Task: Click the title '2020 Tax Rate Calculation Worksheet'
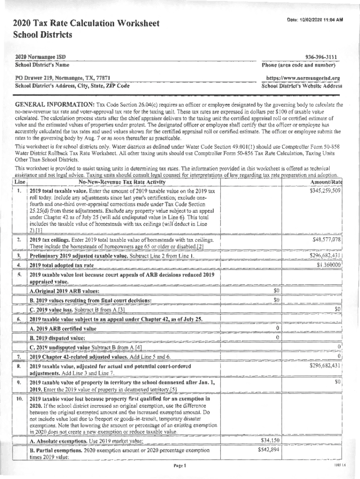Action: (86, 23)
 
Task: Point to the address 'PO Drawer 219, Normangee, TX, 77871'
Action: (63, 78)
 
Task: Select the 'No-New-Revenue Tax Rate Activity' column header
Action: (122, 182)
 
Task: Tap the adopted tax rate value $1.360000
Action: (329, 265)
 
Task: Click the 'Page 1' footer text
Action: (180, 466)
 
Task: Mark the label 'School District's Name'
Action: (42, 65)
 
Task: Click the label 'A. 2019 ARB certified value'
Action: (63, 328)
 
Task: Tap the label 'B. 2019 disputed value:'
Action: (57, 338)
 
